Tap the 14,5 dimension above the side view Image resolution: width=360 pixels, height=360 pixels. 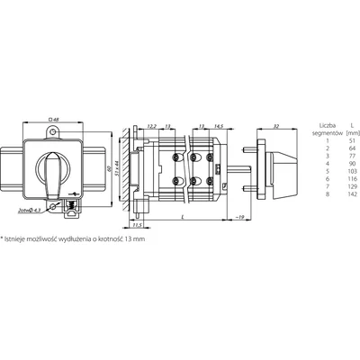pos(219,127)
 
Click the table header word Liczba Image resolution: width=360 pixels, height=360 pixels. pos(317,125)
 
